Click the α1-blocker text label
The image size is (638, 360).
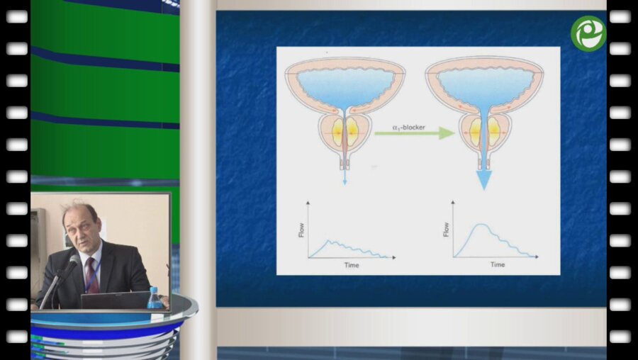pyautogui.click(x=408, y=128)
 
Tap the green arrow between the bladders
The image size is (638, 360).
pyautogui.click(x=414, y=133)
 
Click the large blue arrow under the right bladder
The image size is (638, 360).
pyautogui.click(x=483, y=180)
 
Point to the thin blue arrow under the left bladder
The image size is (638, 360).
pyautogui.click(x=345, y=177)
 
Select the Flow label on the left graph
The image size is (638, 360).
pyautogui.click(x=301, y=230)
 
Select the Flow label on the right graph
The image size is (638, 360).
pyautogui.click(x=446, y=230)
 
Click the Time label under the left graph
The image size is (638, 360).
pyautogui.click(x=352, y=265)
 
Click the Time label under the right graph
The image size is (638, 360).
pyautogui.click(x=497, y=264)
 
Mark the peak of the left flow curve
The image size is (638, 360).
pyautogui.click(x=330, y=240)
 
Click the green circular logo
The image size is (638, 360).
pyautogui.click(x=588, y=34)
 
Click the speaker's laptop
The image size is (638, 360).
pyautogui.click(x=116, y=300)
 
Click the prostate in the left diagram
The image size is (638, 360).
pyautogui.click(x=345, y=133)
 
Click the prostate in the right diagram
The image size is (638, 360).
pyautogui.click(x=484, y=133)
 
